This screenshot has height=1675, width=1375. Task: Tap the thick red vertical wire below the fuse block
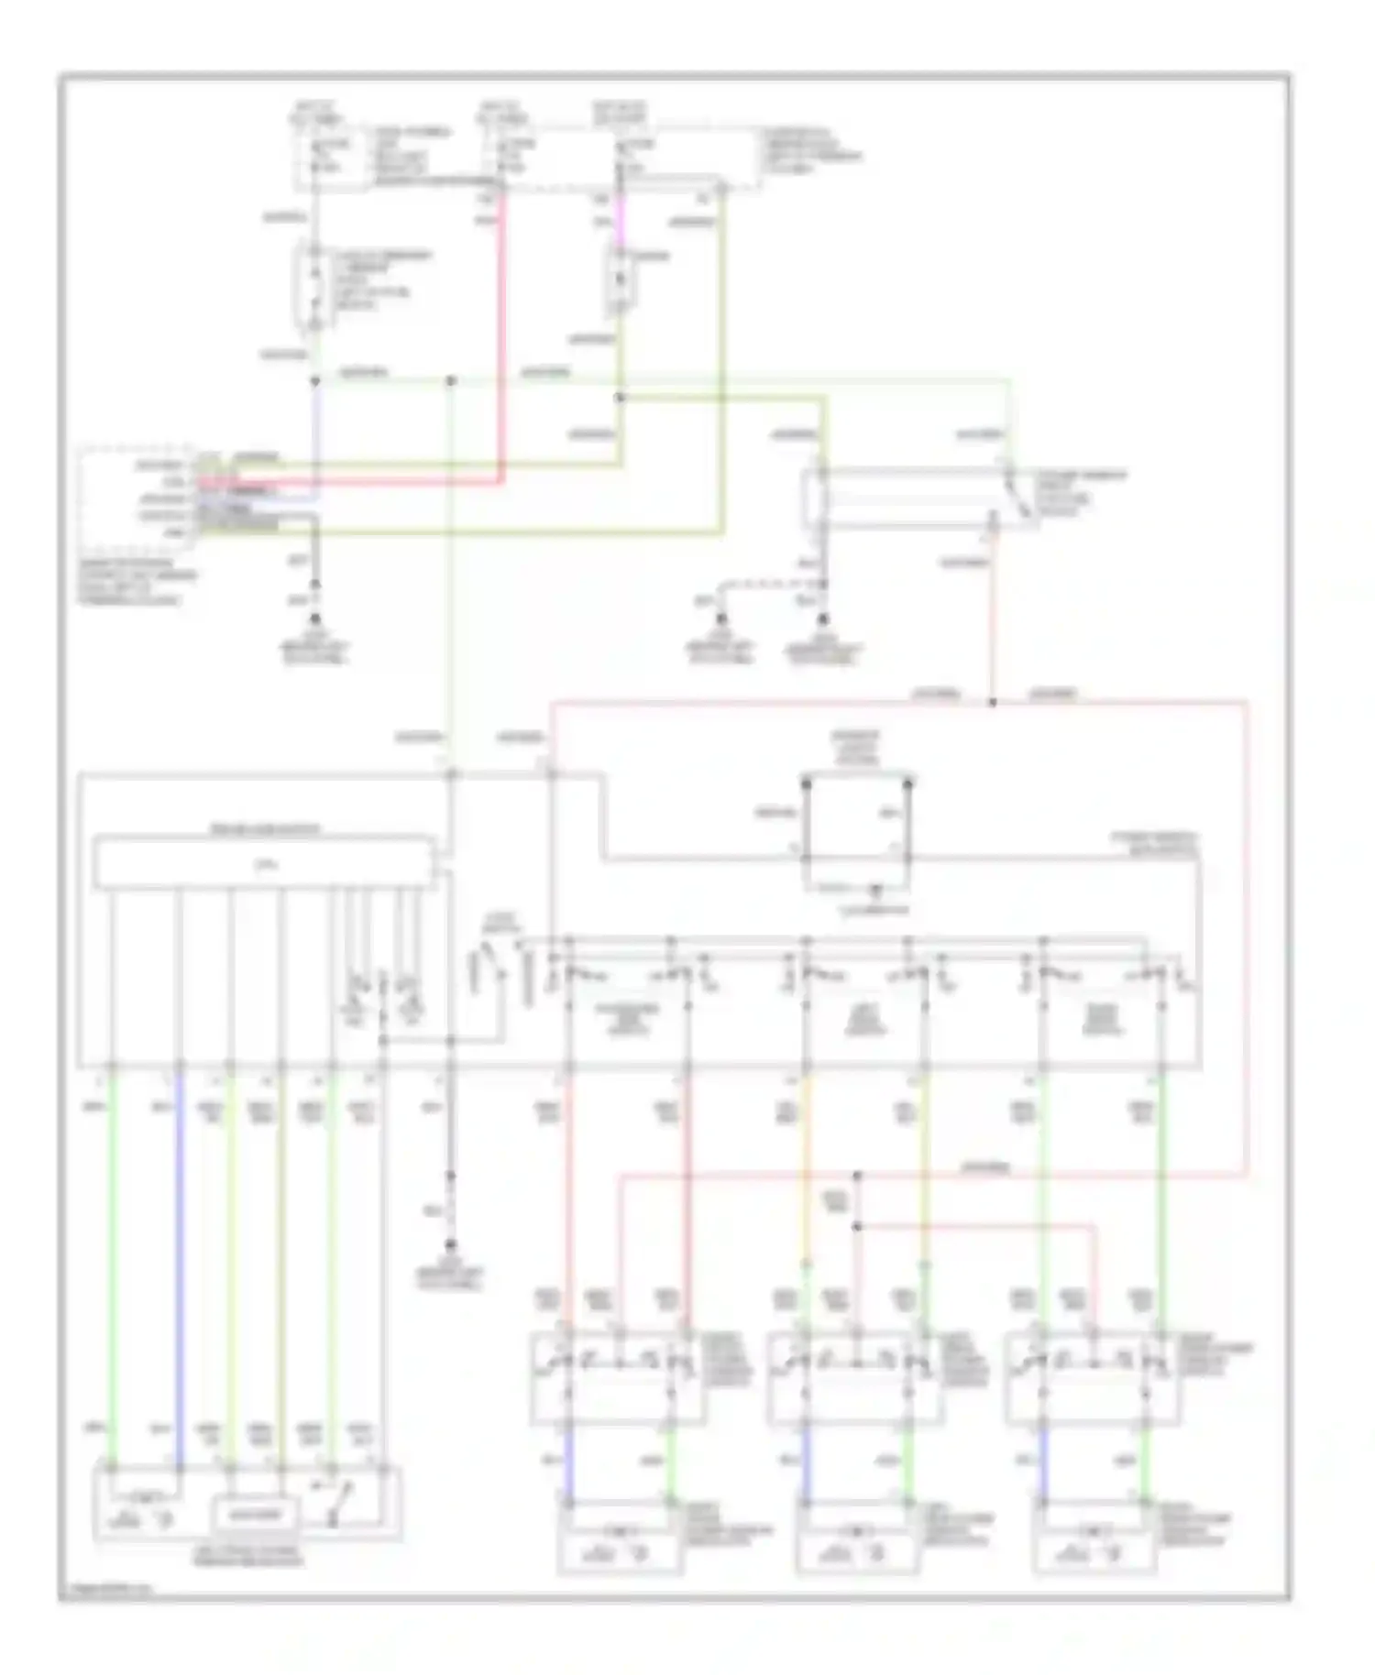[502, 348]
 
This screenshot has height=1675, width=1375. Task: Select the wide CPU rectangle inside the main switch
[264, 862]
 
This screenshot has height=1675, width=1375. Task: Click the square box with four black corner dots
[857, 822]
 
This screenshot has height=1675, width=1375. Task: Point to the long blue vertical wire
[179, 1264]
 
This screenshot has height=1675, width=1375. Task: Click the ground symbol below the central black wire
[450, 1246]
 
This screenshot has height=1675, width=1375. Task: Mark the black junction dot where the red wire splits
[992, 704]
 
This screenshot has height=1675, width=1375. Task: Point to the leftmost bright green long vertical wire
[113, 1264]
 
